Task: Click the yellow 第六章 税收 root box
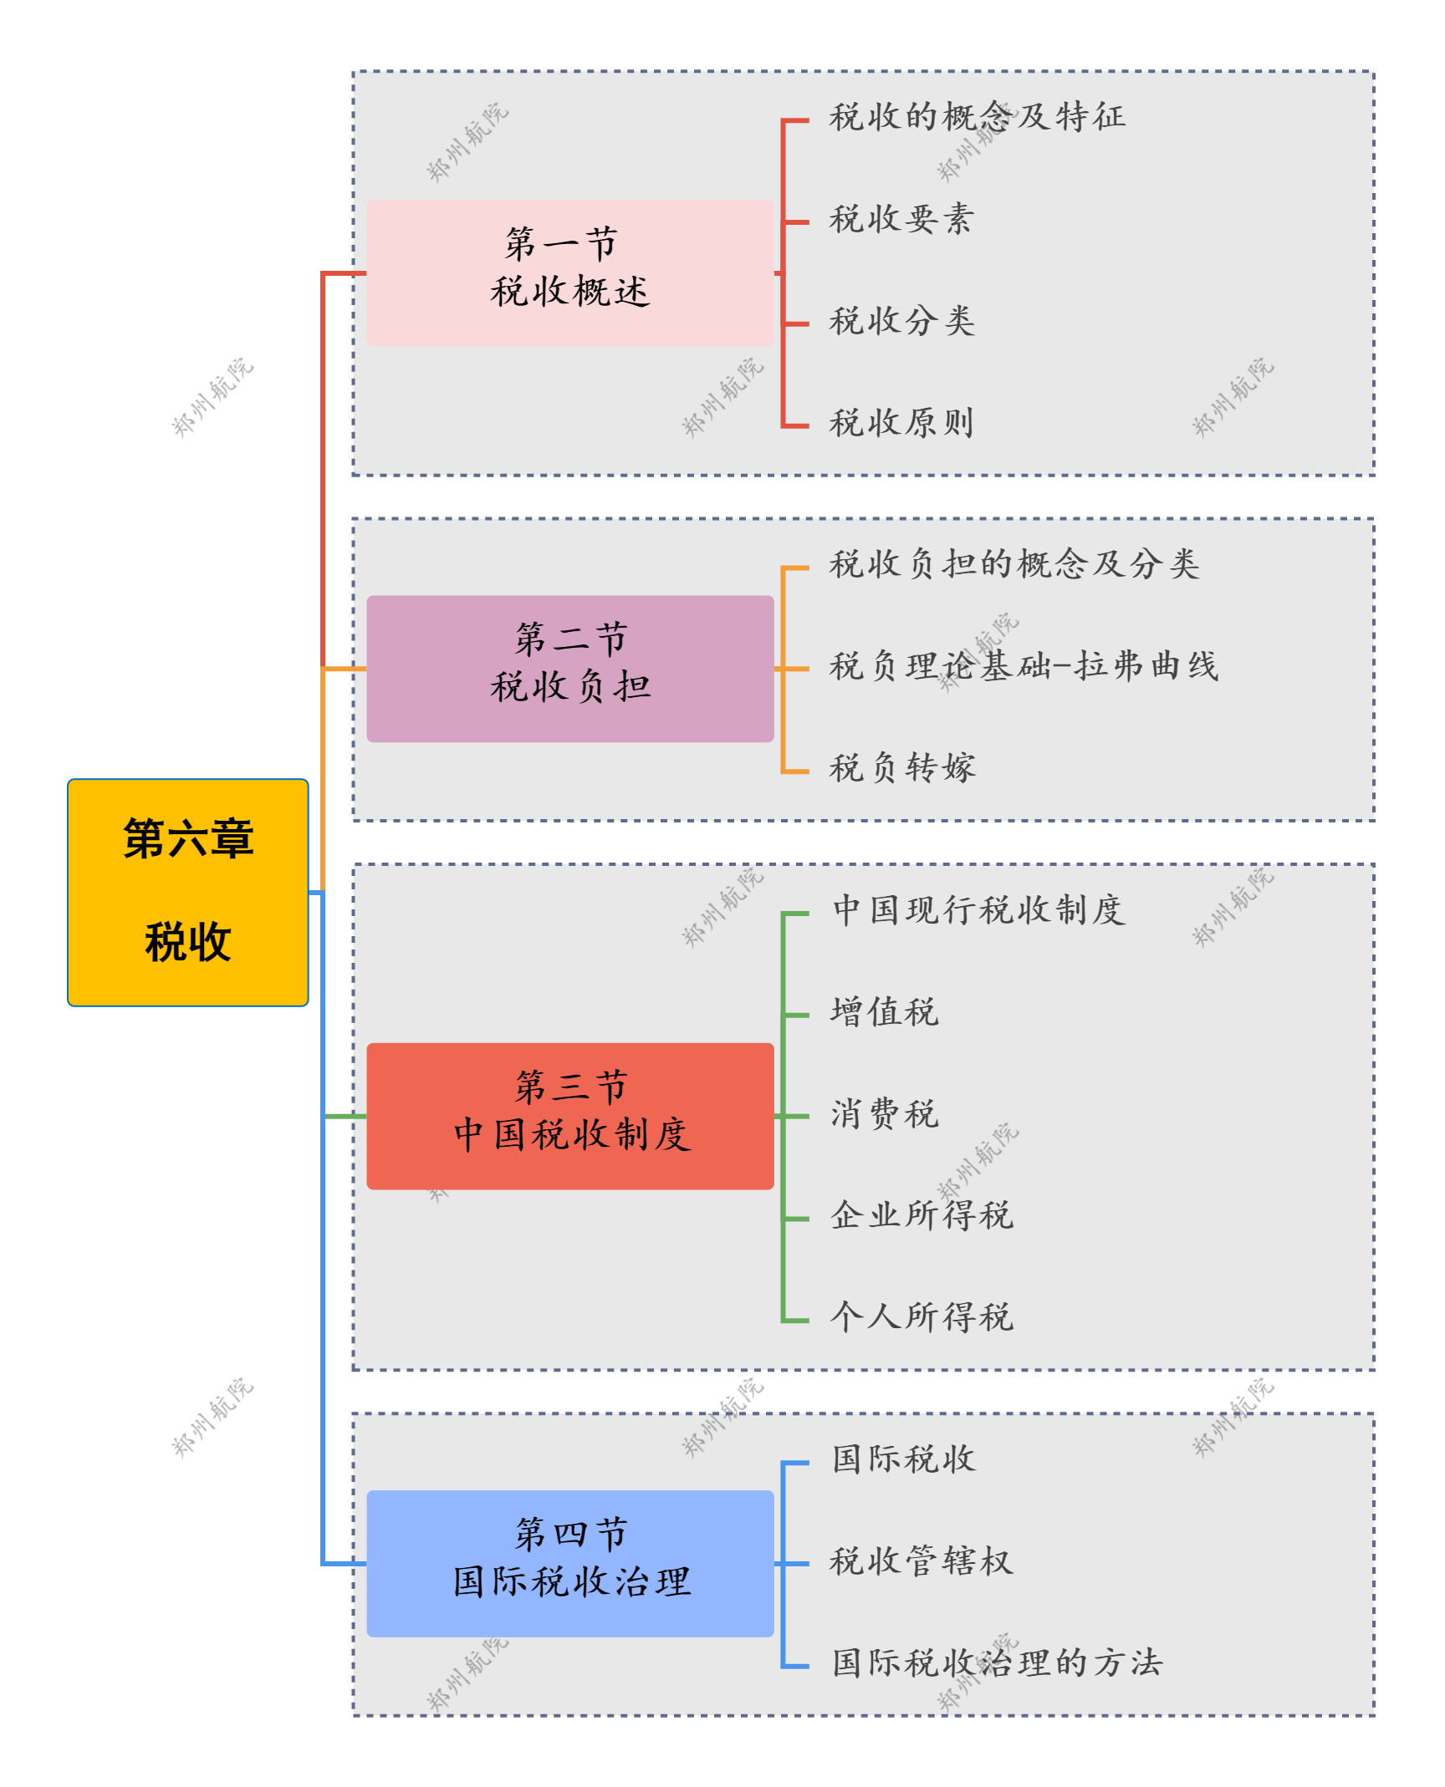[x=187, y=892]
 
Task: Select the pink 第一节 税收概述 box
[x=569, y=272]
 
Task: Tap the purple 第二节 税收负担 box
[x=569, y=669]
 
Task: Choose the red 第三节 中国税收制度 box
[x=569, y=1116]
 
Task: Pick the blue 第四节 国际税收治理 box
[x=569, y=1563]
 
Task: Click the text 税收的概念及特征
[x=977, y=117]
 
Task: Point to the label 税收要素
[x=901, y=219]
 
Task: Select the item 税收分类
[x=901, y=321]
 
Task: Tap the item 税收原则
[x=901, y=423]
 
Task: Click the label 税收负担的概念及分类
[x=1014, y=564]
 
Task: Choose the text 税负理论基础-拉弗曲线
[x=1024, y=666]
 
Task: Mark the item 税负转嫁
[x=901, y=768]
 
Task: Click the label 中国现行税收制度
[x=978, y=910]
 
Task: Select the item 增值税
[x=884, y=1012]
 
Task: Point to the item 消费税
[x=884, y=1114]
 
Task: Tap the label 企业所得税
[x=922, y=1215]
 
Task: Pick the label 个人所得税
[x=922, y=1317]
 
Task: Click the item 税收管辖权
[x=922, y=1561]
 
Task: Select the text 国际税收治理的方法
[x=997, y=1663]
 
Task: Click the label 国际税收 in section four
[x=903, y=1459]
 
